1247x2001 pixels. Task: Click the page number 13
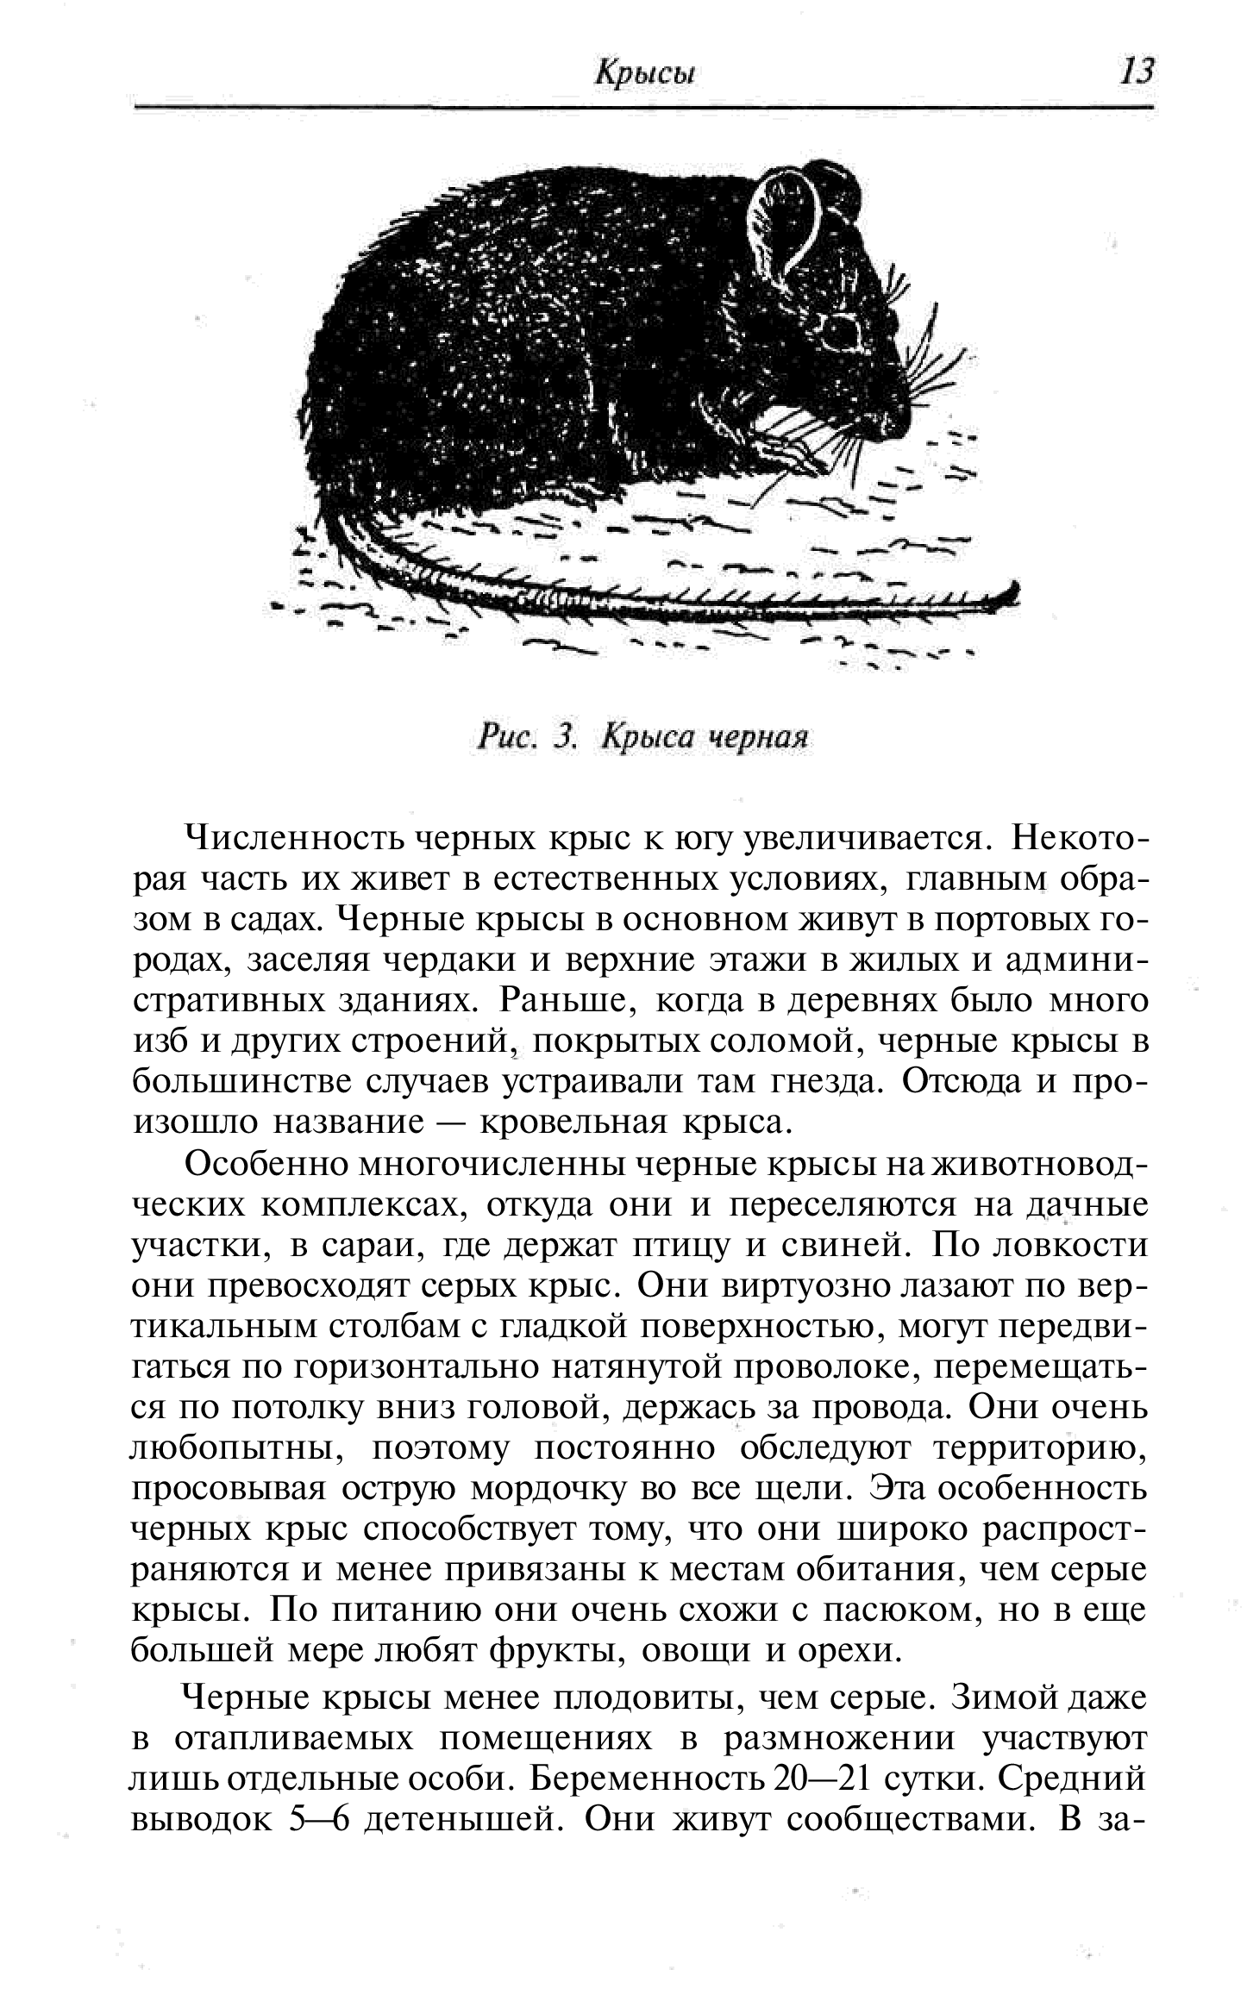1135,72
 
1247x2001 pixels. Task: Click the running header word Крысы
645,73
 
